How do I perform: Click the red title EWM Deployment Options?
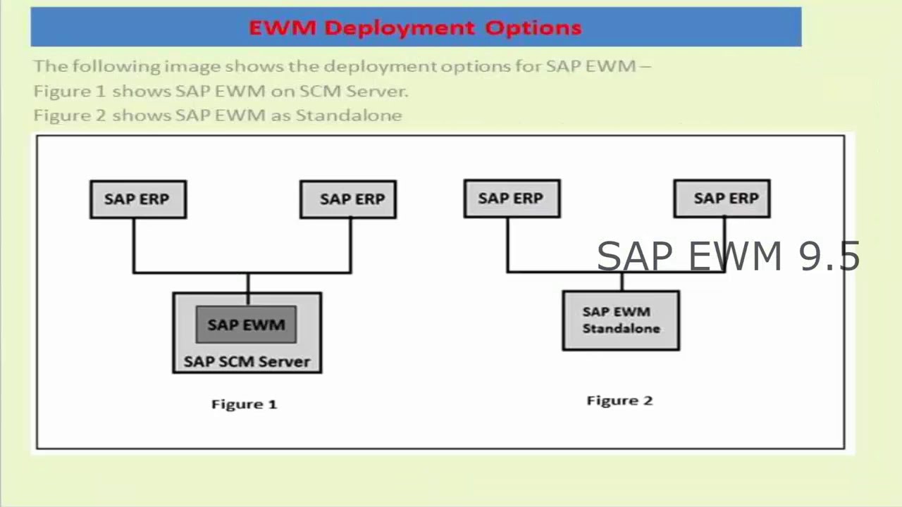coord(415,28)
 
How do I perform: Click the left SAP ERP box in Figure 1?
coord(138,199)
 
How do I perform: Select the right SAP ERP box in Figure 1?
coord(348,199)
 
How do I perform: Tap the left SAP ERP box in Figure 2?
coord(512,199)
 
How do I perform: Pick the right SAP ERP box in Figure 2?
coord(722,199)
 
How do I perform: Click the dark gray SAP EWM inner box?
coord(246,325)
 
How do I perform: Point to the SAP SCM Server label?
coord(247,362)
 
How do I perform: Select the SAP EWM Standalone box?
coord(621,320)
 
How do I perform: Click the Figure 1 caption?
coord(245,404)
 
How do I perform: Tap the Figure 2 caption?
coord(619,401)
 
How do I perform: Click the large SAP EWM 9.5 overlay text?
coord(728,256)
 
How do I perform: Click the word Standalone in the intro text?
coord(349,115)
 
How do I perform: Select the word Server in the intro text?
coord(383,92)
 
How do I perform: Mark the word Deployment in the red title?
coord(400,28)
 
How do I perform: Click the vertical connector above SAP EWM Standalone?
coord(622,282)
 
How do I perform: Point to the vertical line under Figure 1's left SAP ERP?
coord(134,245)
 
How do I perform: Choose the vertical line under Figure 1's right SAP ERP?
coord(351,245)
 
